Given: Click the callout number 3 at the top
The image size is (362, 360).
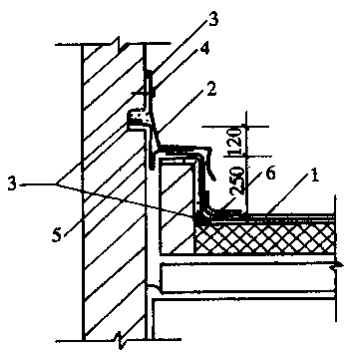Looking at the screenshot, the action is coord(213,19).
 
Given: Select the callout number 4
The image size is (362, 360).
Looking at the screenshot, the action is coord(205,51).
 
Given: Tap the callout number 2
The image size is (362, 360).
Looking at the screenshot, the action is coord(211,90).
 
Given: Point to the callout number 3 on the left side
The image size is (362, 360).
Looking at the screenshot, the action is coord(12,184).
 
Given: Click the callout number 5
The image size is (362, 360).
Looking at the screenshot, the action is coord(57,236).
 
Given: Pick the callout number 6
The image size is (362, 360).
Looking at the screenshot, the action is coord(271,174).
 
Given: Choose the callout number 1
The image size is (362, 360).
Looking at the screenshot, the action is coord(314,176).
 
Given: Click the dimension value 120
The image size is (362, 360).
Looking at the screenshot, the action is coord(234,141).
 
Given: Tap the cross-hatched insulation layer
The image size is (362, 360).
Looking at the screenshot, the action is coord(264,237).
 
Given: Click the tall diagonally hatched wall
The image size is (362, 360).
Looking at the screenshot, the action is coord(113,192).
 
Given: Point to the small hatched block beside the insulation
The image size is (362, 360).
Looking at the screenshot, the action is coord(178,206).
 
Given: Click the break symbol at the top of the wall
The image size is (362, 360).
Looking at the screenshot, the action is coord(118,43).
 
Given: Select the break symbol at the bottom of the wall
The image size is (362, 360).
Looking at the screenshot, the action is coord(119,340).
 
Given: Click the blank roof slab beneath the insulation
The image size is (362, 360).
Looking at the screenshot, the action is coord(247,277).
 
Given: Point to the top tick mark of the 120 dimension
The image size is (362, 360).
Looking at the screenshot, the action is coord(246,126).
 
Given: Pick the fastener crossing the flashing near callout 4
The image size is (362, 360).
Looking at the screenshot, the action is coord(144,94).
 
